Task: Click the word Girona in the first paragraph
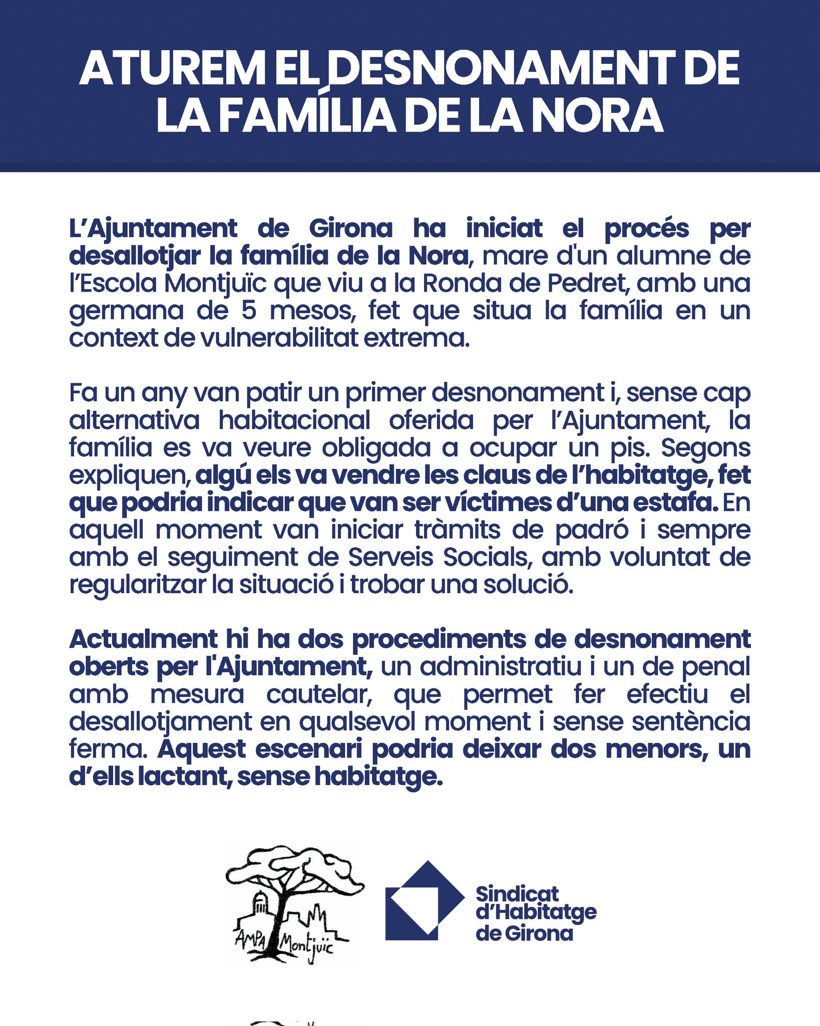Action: pyautogui.click(x=350, y=228)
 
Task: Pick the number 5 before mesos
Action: pyautogui.click(x=249, y=311)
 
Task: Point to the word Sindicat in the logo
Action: pyautogui.click(x=517, y=894)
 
